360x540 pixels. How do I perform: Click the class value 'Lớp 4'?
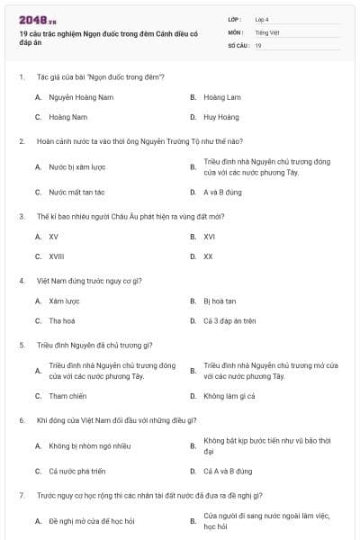[x=262, y=19]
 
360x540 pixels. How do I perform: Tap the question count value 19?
[x=258, y=45]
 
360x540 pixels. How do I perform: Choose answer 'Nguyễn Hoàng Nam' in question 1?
[x=81, y=96]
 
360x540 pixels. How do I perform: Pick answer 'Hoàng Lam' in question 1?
[x=221, y=96]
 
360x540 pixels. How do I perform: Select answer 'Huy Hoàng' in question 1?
[x=221, y=117]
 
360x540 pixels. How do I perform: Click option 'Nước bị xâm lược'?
[x=77, y=167]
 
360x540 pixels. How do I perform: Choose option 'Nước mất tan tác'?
[x=76, y=192]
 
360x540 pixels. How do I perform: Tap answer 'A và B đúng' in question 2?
[x=222, y=192]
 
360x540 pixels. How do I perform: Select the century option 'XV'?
[x=54, y=237]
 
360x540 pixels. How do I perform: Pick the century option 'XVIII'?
[x=57, y=256]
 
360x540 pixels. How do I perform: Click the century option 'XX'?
[x=208, y=256]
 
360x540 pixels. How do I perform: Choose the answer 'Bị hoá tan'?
[x=220, y=301]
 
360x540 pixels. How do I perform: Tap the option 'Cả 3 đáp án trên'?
[x=229, y=320]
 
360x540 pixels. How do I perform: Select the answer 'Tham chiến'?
[x=67, y=396]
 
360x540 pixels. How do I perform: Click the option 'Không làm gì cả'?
[x=229, y=396]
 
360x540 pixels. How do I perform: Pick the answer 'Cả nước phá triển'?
[x=77, y=471]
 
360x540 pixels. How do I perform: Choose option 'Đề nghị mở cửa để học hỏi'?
[x=91, y=521]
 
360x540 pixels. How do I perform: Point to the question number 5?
[x=22, y=345]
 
